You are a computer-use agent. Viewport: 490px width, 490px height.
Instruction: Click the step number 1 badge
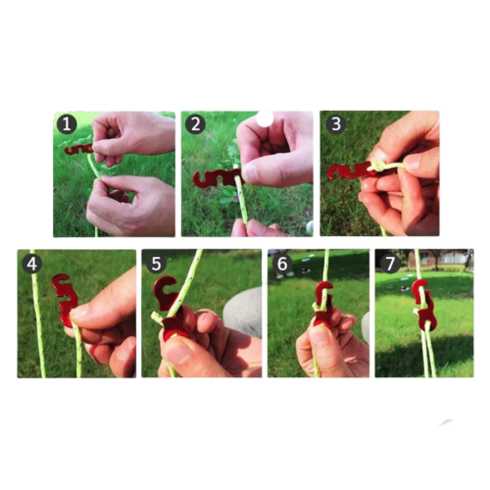[67, 124]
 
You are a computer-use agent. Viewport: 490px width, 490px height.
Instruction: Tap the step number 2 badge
[195, 124]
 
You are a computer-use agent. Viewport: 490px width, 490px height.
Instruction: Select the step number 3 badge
[336, 123]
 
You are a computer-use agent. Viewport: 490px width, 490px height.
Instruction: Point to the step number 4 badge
[32, 264]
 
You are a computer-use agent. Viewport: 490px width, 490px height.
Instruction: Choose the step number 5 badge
[156, 264]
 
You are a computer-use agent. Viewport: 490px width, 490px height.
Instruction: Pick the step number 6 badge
[282, 264]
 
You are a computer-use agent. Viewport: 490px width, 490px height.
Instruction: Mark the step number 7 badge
[390, 264]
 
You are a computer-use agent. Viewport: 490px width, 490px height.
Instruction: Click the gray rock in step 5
[243, 311]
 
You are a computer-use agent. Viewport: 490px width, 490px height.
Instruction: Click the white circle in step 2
[265, 119]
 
